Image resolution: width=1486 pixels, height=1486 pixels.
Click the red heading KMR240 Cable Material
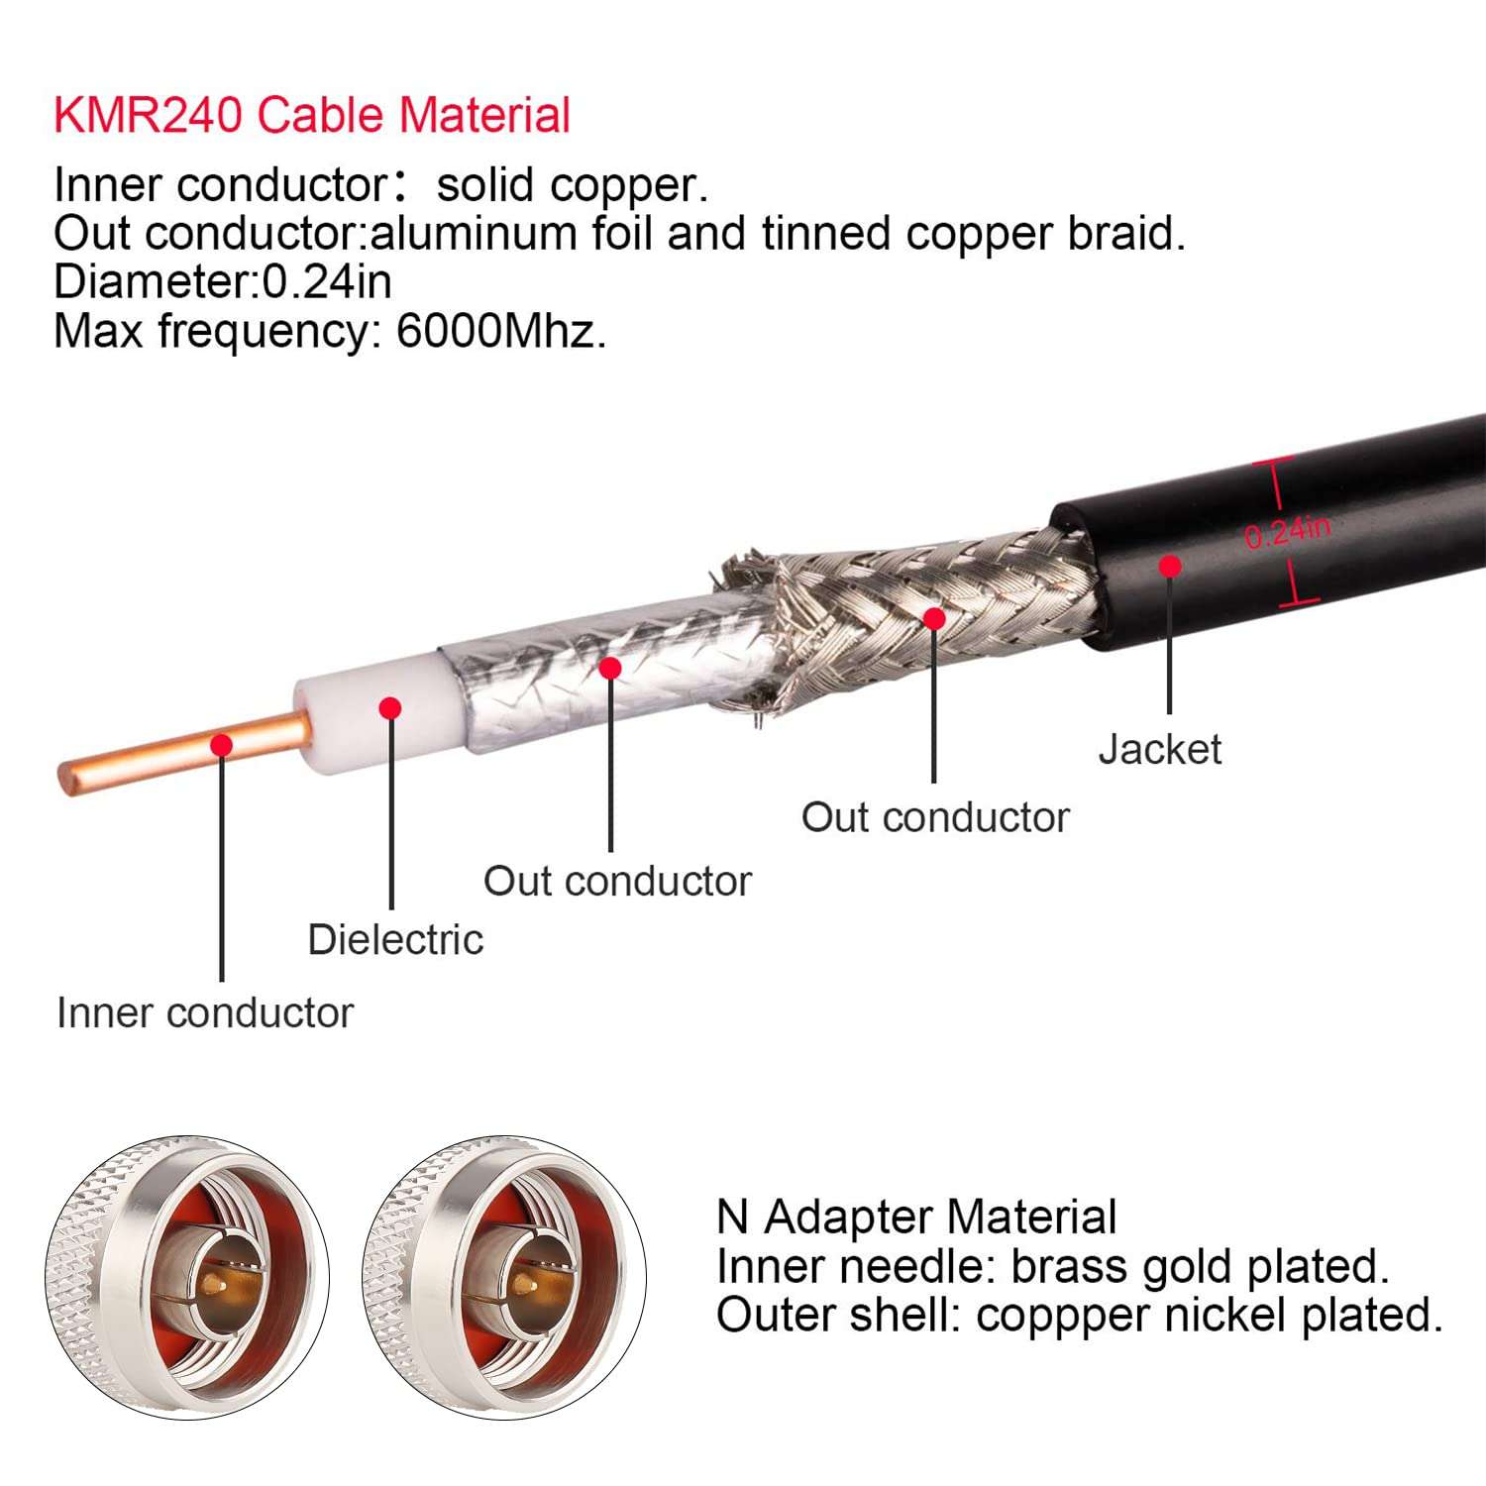(x=311, y=115)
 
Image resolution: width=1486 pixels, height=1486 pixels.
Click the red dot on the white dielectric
(x=390, y=707)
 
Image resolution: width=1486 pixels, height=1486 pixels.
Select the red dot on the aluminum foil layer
(x=610, y=668)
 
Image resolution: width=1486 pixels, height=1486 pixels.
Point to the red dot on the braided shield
(x=933, y=619)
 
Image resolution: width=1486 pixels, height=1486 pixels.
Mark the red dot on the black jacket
(x=1170, y=566)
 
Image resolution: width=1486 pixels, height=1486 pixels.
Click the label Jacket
(x=1159, y=749)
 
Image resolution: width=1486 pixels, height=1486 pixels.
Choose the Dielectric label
(x=395, y=939)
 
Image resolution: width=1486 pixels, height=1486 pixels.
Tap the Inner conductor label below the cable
(x=205, y=1012)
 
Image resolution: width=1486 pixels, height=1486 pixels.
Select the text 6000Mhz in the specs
(x=499, y=331)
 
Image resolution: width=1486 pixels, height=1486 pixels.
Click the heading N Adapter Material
(x=916, y=1217)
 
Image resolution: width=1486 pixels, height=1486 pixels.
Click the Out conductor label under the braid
(x=935, y=817)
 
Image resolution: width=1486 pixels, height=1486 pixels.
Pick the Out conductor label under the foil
(x=617, y=881)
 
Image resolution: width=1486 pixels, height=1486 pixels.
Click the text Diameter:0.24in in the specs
(x=223, y=281)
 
